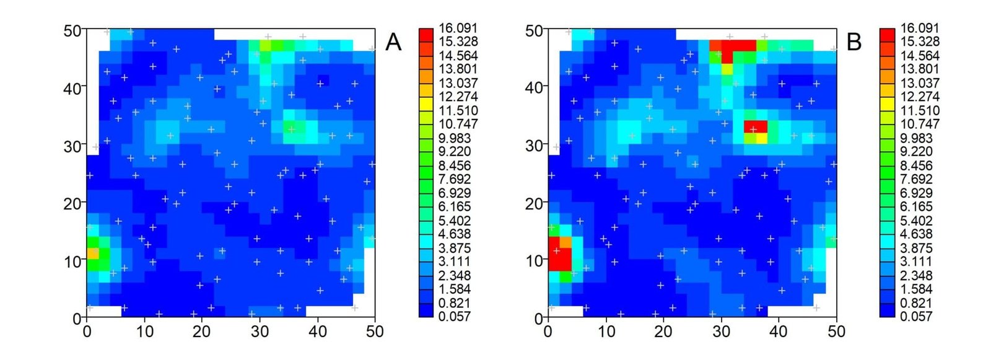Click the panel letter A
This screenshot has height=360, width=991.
pyautogui.click(x=393, y=42)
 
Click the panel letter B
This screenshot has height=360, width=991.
pyautogui.click(x=853, y=42)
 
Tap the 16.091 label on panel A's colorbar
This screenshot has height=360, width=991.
pyautogui.click(x=458, y=28)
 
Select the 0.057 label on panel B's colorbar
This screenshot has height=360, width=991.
pyautogui.click(x=919, y=317)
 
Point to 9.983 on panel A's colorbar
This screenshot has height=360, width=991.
pyautogui.click(x=458, y=138)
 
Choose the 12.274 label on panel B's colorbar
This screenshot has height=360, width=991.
pyautogui.click(x=919, y=97)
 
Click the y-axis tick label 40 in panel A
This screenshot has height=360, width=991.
pyautogui.click(x=73, y=88)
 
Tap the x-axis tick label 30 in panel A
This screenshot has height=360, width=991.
pyautogui.click(x=260, y=331)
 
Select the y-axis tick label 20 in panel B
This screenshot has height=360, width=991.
pyautogui.click(x=535, y=203)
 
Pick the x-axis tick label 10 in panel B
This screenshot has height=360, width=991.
pyautogui.click(x=606, y=331)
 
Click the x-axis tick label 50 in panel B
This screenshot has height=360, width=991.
pyautogui.click(x=836, y=331)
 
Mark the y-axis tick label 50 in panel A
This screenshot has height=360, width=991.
pyautogui.click(x=73, y=30)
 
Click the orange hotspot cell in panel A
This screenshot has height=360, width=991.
pyautogui.click(x=92, y=253)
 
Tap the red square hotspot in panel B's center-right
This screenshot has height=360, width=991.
pyautogui.click(x=756, y=127)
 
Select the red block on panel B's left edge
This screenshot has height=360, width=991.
pyautogui.click(x=559, y=254)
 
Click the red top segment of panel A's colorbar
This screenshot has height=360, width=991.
pyautogui.click(x=426, y=35)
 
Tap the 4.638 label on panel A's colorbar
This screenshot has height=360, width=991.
pyautogui.click(x=458, y=234)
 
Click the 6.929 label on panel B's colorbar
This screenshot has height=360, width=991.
pyautogui.click(x=919, y=193)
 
